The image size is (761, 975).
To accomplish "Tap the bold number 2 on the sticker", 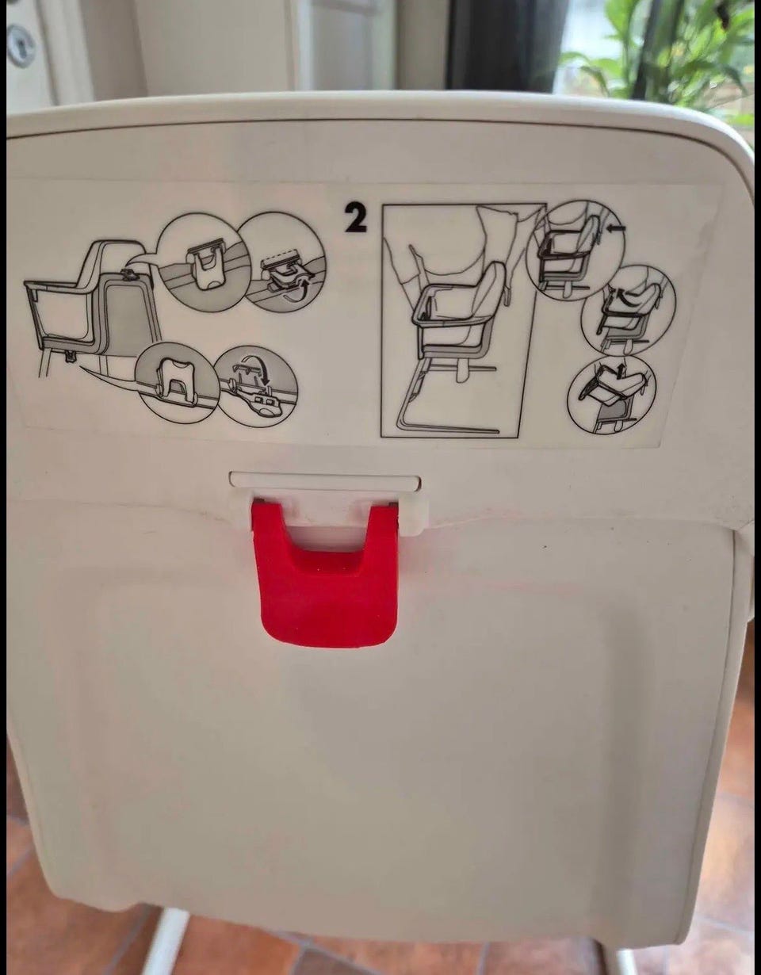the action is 355,219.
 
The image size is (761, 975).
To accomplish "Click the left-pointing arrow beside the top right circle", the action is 616,229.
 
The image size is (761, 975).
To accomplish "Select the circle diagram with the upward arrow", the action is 612,395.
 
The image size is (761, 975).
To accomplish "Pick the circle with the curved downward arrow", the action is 256,384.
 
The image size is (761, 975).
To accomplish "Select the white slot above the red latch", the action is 325,480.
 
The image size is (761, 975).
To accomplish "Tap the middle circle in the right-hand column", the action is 628,311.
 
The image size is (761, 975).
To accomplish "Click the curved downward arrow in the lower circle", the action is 259,369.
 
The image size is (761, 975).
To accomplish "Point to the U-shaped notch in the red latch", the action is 324,535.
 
